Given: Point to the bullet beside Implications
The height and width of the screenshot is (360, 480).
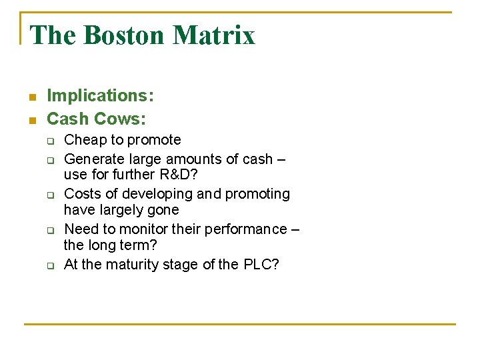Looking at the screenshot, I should (x=31, y=97).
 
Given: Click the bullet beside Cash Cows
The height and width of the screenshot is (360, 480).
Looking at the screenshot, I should (x=31, y=120).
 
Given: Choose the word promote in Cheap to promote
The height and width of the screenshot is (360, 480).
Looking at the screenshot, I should (x=154, y=140).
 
